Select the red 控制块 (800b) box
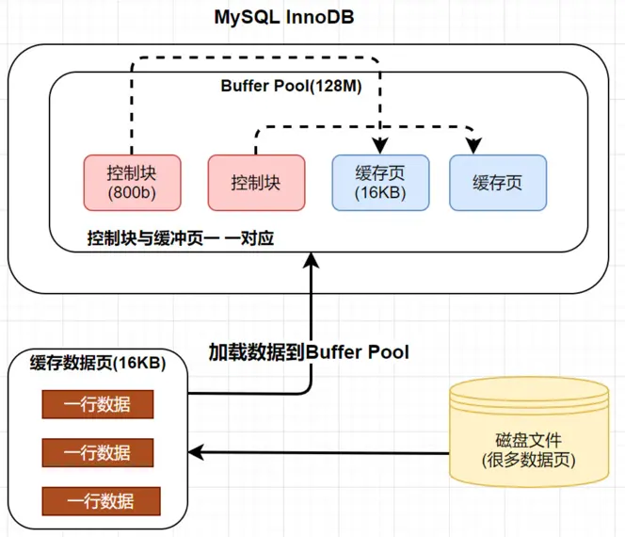133,183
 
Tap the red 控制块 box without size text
256,183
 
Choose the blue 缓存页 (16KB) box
380,182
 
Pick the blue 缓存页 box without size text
498,183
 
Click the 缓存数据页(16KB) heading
98,365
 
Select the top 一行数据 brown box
97,405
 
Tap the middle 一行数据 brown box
97,452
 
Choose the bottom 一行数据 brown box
97,500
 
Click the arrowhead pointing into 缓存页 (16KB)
380,146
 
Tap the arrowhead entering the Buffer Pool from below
311,263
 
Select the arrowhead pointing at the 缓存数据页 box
197,453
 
